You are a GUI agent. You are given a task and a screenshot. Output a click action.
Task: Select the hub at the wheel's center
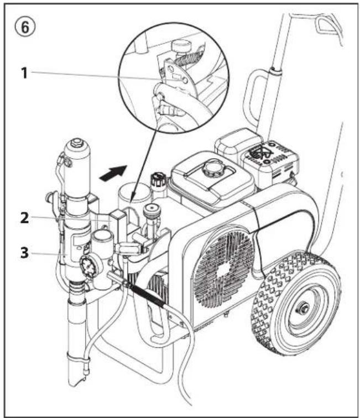click(304, 309)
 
